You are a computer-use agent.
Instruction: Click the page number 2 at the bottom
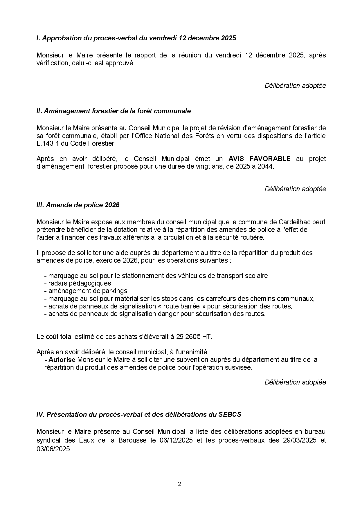point(180,484)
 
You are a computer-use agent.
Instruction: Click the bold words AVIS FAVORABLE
point(259,159)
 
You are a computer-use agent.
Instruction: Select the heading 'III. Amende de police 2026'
point(78,205)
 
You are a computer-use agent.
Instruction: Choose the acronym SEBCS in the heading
point(230,414)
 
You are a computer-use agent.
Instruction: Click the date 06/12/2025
point(176,440)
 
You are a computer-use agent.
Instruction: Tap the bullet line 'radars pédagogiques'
point(78,283)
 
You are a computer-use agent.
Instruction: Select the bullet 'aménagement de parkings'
point(86,291)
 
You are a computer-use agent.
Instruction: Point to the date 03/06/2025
point(53,449)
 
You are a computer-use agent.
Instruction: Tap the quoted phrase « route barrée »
point(181,306)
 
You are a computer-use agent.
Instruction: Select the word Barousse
point(132,440)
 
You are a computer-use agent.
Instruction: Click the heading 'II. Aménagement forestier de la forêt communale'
point(114,111)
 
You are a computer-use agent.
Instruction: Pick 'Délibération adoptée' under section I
point(295,86)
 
